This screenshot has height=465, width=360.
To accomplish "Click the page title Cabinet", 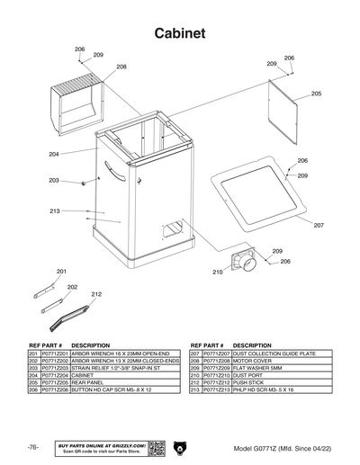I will [180, 33].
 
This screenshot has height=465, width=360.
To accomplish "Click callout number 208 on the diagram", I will [121, 67].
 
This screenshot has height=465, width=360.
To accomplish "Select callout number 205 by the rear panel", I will [316, 94].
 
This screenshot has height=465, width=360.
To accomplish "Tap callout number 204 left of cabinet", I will [53, 155].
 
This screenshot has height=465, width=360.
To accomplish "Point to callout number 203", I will [53, 181].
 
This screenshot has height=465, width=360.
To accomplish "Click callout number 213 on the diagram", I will [54, 211].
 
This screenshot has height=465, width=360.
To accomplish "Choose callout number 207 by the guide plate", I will [319, 225].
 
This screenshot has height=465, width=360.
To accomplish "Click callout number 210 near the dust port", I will [217, 272].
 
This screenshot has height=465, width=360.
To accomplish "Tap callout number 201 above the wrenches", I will [61, 271].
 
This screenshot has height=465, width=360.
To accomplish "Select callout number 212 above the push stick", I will [95, 294].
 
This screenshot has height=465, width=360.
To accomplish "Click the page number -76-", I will [32, 448].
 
